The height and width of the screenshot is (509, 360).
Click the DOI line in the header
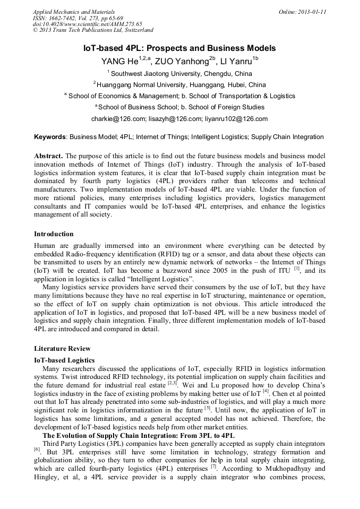(x=87, y=24)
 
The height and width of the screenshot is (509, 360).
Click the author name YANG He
(x=119, y=61)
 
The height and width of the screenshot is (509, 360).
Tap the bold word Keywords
(x=50, y=137)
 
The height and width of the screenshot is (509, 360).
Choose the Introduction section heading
(x=54, y=234)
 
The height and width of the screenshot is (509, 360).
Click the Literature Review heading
(x=62, y=349)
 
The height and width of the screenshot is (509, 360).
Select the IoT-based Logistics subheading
(x=64, y=360)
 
